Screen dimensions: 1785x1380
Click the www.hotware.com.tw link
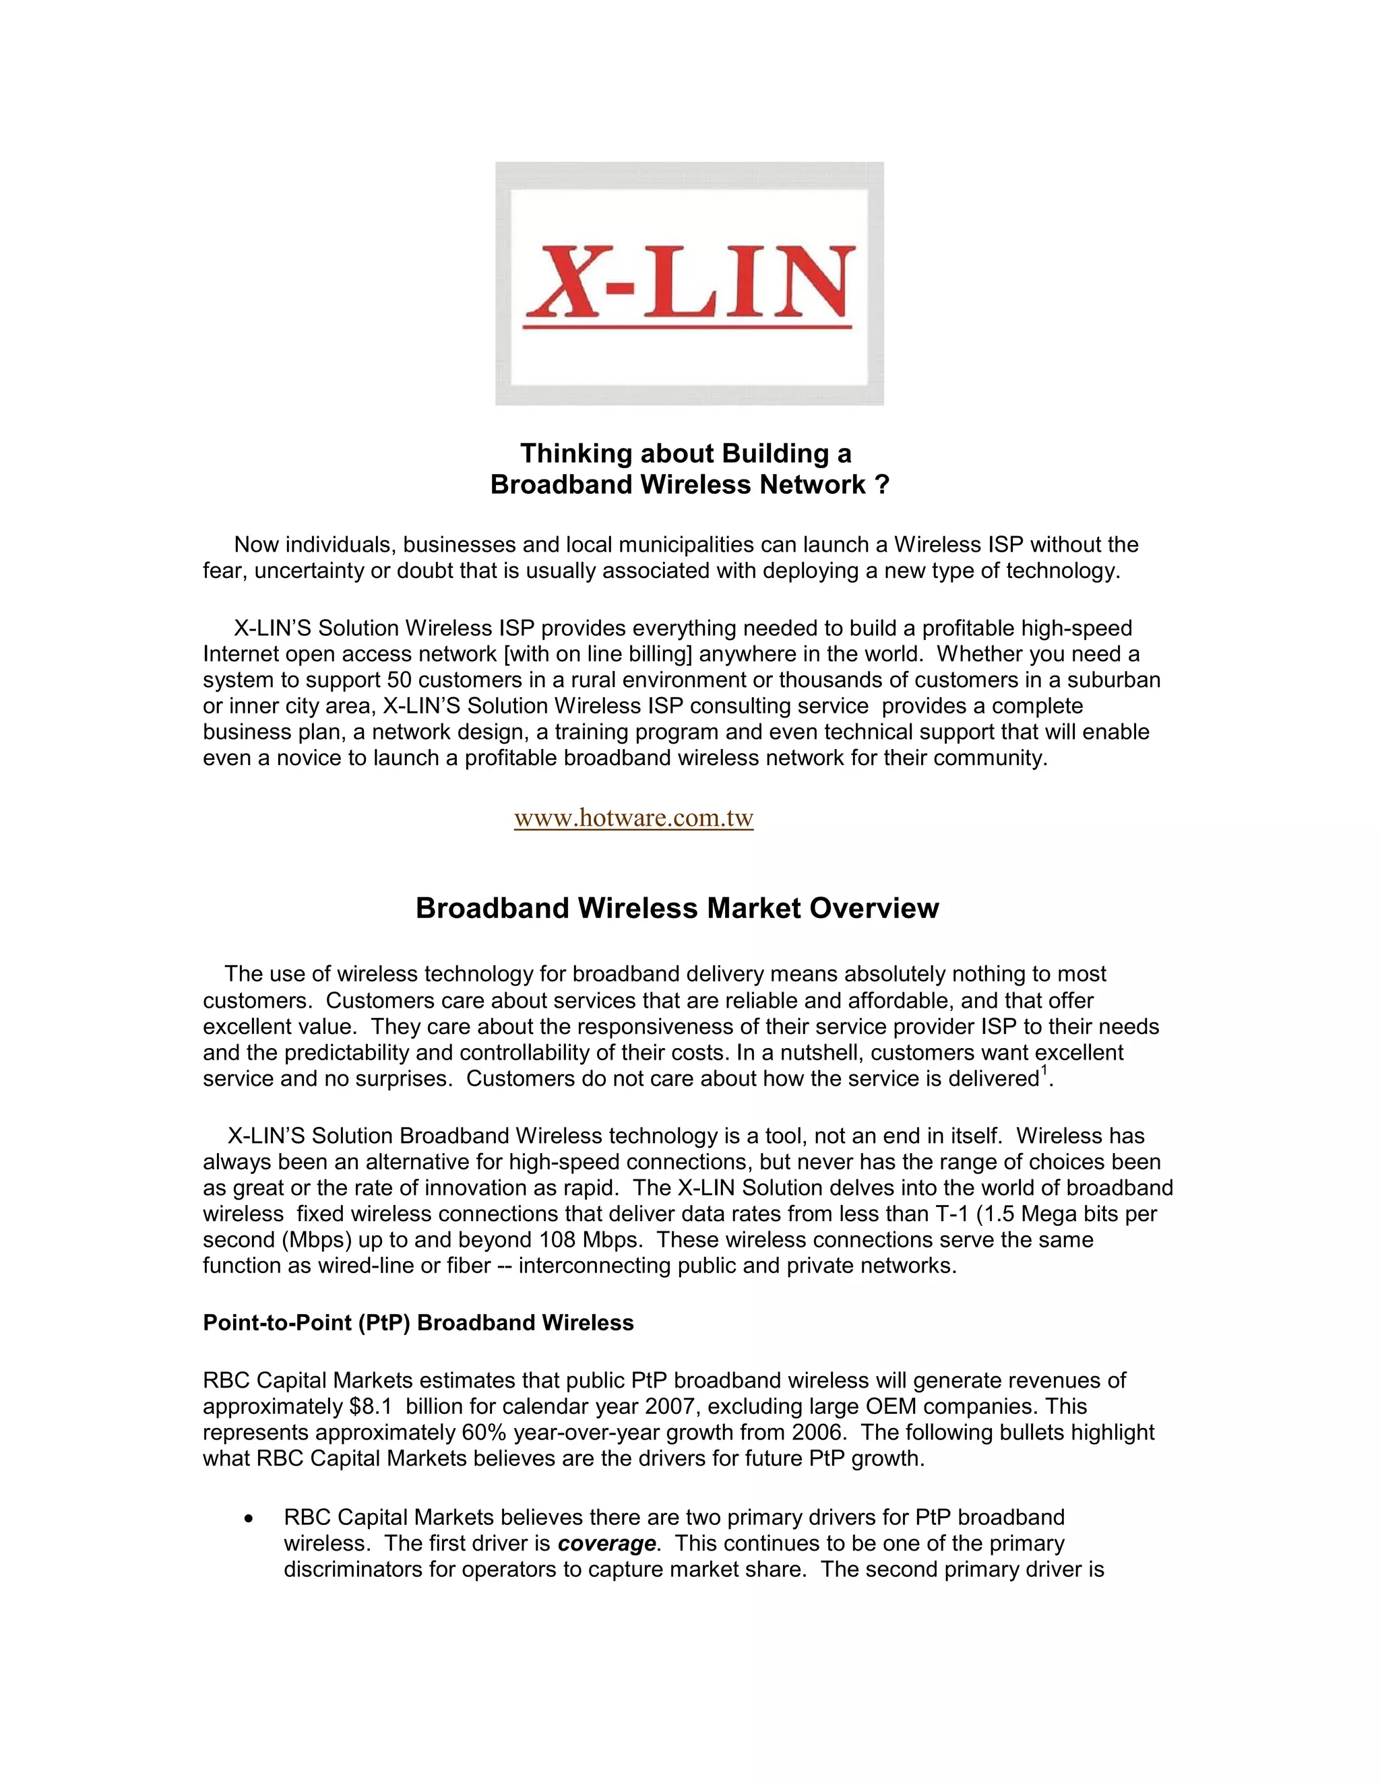pos(633,818)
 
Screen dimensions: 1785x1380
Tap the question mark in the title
pos(881,485)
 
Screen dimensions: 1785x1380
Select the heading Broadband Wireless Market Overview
pos(677,908)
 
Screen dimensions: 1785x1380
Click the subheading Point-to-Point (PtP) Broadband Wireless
pos(418,1322)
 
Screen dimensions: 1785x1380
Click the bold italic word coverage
pos(606,1543)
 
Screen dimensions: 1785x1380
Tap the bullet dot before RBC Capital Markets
pos(249,1518)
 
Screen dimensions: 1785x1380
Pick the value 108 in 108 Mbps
pos(557,1240)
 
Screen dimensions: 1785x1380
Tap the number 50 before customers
pos(400,680)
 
